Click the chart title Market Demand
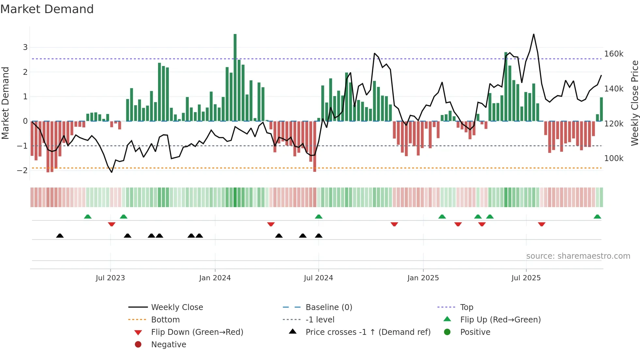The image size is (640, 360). click(47, 9)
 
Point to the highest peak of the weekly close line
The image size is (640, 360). click(534, 34)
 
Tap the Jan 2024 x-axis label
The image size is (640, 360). click(215, 278)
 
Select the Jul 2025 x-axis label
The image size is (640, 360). click(526, 278)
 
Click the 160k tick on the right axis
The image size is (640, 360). click(614, 54)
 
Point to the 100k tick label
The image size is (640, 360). click(614, 158)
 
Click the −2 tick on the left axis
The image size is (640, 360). click(23, 170)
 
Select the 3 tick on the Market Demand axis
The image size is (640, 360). click(25, 47)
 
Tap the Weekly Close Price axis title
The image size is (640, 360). click(634, 103)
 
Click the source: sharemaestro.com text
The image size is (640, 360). click(578, 256)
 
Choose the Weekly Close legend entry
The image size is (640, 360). click(177, 307)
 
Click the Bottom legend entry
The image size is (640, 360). click(165, 320)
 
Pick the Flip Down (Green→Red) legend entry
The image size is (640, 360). click(197, 332)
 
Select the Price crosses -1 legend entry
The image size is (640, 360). click(368, 332)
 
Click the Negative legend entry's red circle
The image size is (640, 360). click(138, 345)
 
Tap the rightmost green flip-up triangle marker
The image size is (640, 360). click(597, 217)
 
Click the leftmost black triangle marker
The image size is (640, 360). click(60, 236)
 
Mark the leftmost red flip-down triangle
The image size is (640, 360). click(112, 224)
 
